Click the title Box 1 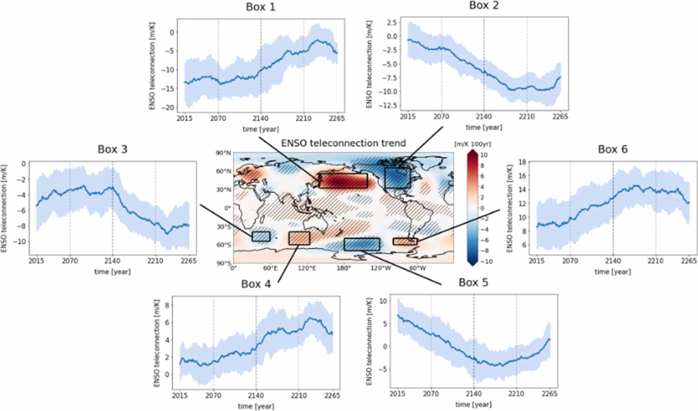click(261, 7)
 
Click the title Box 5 click(473, 282)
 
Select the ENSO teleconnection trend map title click(343, 143)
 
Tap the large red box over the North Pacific click(343, 181)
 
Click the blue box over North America click(397, 178)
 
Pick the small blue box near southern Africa click(261, 236)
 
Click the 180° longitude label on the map click(344, 268)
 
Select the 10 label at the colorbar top click(484, 155)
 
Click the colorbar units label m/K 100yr click(473, 144)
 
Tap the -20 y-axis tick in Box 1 click(170, 108)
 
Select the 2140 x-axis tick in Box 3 click(112, 261)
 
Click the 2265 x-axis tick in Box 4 click(332, 396)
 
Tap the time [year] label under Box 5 click(473, 404)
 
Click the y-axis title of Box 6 click(510, 208)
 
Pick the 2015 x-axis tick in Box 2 click(408, 117)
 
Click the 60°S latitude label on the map click(223, 245)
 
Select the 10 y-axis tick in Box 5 click(383, 301)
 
